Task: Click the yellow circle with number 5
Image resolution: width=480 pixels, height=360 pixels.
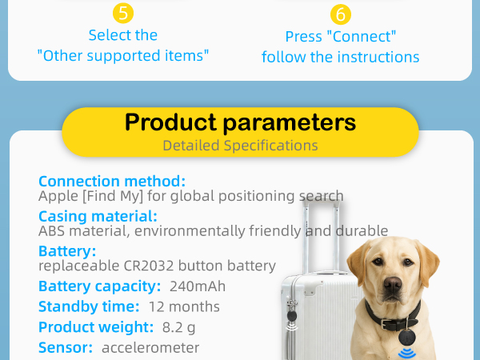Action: (x=123, y=13)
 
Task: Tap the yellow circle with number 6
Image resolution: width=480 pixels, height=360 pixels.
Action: (x=341, y=14)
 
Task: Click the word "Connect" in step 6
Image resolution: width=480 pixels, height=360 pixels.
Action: (x=362, y=37)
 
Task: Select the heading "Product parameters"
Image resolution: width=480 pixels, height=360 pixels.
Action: (x=240, y=122)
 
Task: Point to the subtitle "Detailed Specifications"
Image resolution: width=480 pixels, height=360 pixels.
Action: (x=240, y=146)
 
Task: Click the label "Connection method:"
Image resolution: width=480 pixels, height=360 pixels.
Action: (x=112, y=182)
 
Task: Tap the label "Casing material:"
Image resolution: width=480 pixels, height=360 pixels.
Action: (x=98, y=216)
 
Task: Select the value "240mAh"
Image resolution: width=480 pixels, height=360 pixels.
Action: (x=198, y=286)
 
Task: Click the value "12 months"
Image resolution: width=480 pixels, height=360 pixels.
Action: (x=184, y=306)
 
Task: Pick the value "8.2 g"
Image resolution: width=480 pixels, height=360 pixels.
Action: (x=178, y=327)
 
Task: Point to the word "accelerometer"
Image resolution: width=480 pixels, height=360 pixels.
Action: (x=150, y=348)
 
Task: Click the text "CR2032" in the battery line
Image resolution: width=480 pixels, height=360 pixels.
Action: (x=149, y=266)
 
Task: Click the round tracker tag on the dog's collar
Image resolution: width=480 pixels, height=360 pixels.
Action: (x=407, y=338)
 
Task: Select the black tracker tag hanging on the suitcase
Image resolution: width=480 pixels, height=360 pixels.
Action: (x=292, y=316)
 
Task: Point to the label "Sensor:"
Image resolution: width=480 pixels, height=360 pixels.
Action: (x=66, y=348)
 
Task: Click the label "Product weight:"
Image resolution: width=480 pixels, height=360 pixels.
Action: (x=96, y=327)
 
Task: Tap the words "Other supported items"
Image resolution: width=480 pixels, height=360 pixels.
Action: (x=123, y=56)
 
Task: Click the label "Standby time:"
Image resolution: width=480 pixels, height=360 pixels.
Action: (x=89, y=306)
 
